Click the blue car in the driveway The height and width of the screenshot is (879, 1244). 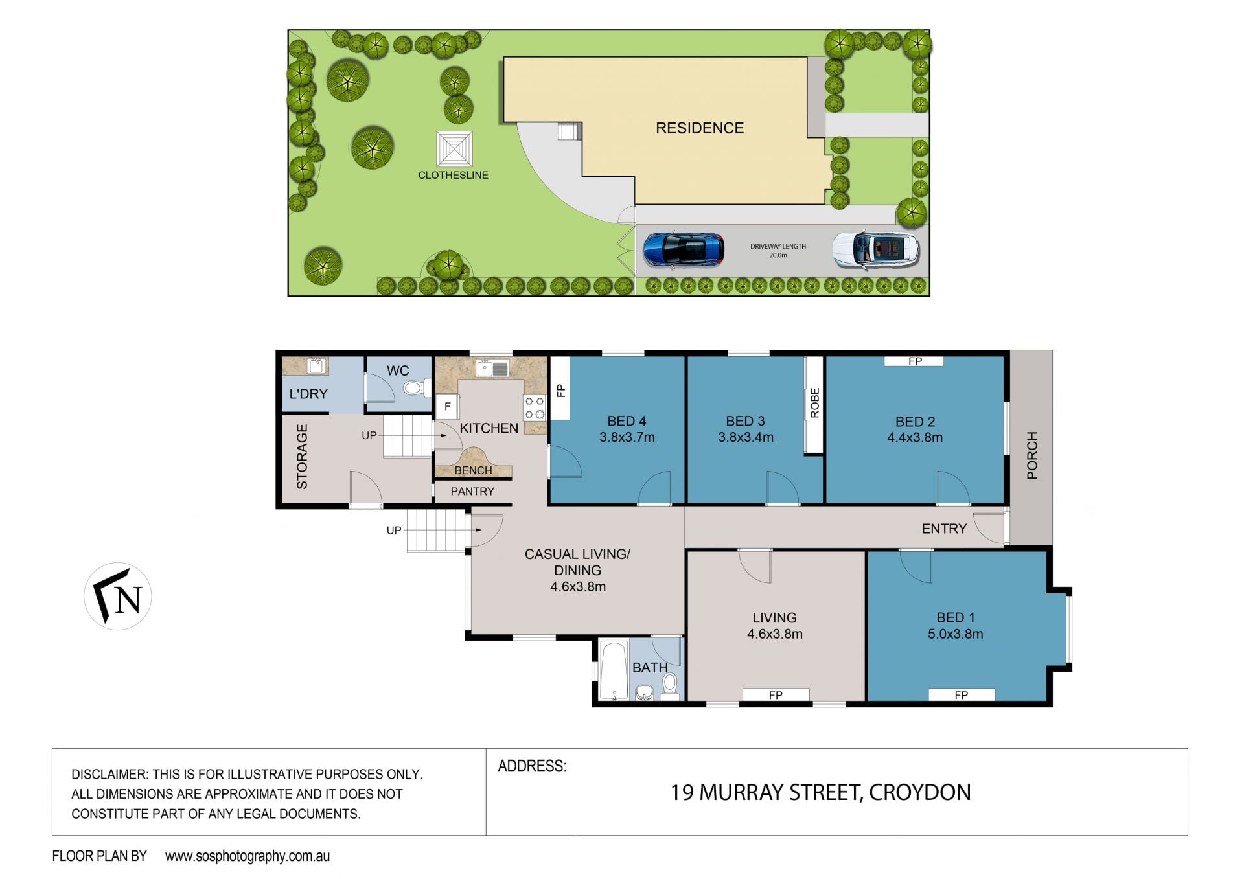pos(684,250)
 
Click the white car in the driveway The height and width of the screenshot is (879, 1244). pos(875,250)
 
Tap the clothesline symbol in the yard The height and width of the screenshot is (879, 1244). pos(454,149)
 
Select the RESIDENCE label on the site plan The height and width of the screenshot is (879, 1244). pos(700,128)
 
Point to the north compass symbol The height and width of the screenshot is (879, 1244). pos(118,596)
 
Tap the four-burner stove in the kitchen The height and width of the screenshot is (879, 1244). pos(535,407)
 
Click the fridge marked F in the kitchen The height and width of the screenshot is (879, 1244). pos(447,407)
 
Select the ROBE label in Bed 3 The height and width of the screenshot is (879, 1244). pos(814,403)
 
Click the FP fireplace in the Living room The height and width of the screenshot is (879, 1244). pos(776,694)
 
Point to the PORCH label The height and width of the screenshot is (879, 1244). pos(1032,455)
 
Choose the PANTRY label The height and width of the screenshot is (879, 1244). pos(472,491)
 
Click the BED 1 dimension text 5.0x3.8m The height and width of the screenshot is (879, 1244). pos(955,634)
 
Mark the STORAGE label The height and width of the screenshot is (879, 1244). pos(302,456)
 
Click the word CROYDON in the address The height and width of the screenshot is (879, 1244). pos(919,792)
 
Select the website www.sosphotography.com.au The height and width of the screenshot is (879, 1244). pos(248,856)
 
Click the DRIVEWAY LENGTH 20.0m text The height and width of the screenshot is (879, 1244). pos(778,251)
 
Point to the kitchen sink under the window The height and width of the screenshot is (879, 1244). pos(492,369)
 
